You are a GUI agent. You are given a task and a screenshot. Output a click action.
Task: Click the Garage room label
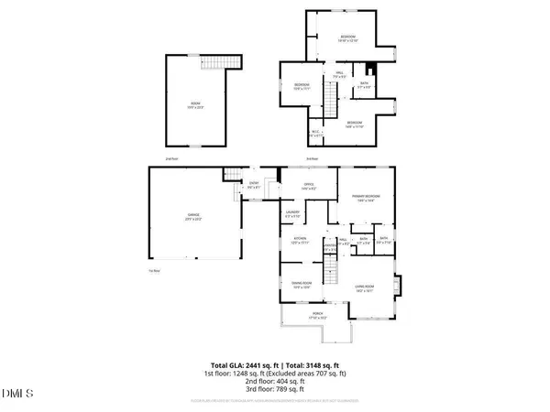coord(192,217)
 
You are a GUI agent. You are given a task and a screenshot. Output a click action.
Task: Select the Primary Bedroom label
coord(365,198)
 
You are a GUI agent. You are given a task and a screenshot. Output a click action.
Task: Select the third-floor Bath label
coord(365,85)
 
